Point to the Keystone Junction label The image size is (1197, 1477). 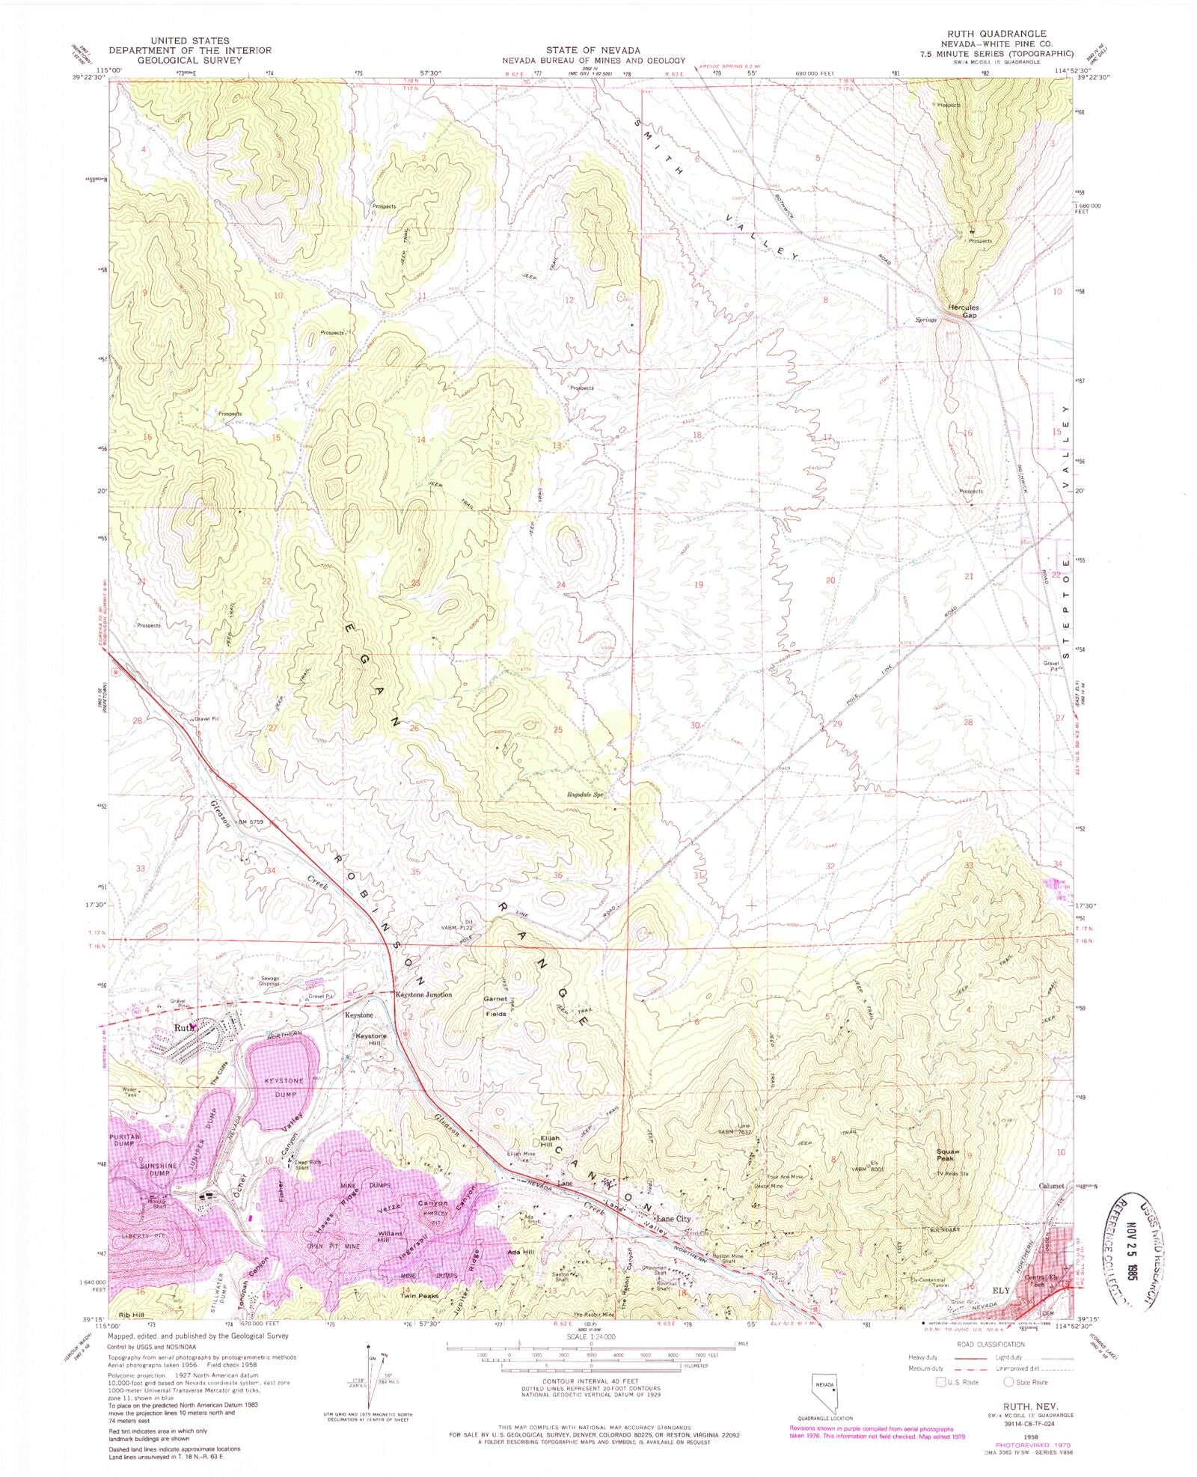(423, 995)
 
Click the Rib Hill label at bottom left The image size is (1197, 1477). (131, 1315)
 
